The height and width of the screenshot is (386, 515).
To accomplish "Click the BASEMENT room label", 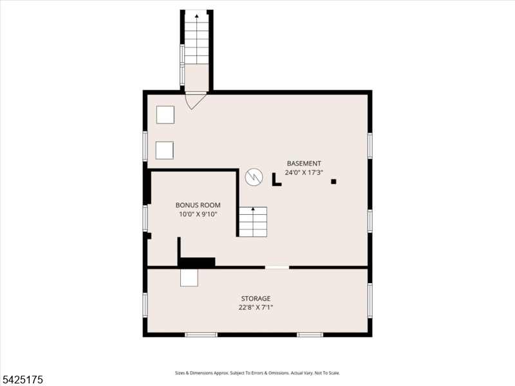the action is click(x=304, y=163).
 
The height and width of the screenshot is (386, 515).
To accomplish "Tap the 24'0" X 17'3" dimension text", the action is click(x=304, y=172).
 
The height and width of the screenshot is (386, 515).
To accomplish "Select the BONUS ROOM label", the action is click(x=198, y=205).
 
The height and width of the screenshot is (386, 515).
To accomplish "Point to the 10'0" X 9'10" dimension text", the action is click(x=198, y=214).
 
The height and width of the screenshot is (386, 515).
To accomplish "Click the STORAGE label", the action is click(x=256, y=299).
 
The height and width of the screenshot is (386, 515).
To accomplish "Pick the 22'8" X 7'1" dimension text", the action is click(x=256, y=308).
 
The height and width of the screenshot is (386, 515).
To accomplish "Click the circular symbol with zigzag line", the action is click(x=254, y=178).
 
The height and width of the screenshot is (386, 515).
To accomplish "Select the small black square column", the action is click(x=333, y=181).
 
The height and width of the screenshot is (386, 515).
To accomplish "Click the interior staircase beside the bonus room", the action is click(x=252, y=222).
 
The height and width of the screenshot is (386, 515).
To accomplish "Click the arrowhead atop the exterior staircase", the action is click(x=197, y=15).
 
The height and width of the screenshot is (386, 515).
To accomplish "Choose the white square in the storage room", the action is click(x=189, y=278).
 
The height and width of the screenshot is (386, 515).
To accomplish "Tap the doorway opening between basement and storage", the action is click(x=277, y=268).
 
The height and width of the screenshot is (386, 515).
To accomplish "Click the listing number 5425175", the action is click(x=22, y=380).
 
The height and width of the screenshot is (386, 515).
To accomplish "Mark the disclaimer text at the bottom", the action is click(x=257, y=373).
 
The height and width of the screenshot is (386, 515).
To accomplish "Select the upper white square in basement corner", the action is click(x=165, y=115).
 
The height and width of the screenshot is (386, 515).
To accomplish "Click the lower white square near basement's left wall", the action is click(x=165, y=151).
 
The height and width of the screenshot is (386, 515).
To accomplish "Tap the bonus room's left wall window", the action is click(x=145, y=218).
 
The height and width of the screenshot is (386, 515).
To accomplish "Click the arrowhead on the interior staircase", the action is click(x=253, y=208).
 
